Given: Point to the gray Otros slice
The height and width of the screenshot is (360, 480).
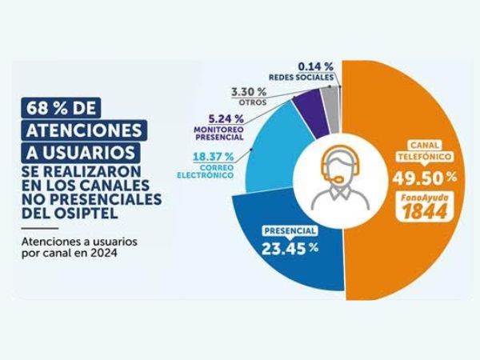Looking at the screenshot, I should [327, 98].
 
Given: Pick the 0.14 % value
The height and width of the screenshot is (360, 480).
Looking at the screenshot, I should [315, 65].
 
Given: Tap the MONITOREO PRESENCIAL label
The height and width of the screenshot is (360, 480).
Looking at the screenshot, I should [220, 132].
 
